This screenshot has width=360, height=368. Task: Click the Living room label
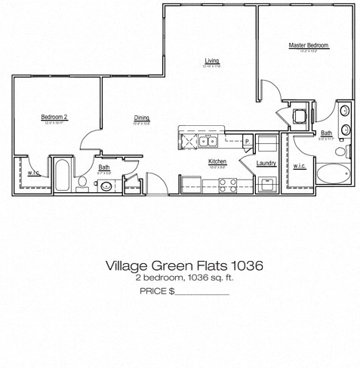[212, 60]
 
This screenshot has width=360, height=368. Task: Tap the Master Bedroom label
[309, 45]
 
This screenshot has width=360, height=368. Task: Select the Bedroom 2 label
[54, 117]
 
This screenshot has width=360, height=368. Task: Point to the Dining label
[142, 118]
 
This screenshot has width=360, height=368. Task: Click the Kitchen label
[217, 161]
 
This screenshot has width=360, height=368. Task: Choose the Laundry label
[266, 163]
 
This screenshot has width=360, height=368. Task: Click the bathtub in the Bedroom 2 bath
[62, 175]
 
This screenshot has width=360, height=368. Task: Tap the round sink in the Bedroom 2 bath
[105, 182]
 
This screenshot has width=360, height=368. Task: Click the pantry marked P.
[246, 140]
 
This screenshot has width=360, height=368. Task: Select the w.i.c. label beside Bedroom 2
[34, 172]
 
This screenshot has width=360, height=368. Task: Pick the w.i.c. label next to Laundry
[300, 166]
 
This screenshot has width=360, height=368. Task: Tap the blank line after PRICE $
[202, 290]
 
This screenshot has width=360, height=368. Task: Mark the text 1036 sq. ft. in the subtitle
[201, 278]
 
